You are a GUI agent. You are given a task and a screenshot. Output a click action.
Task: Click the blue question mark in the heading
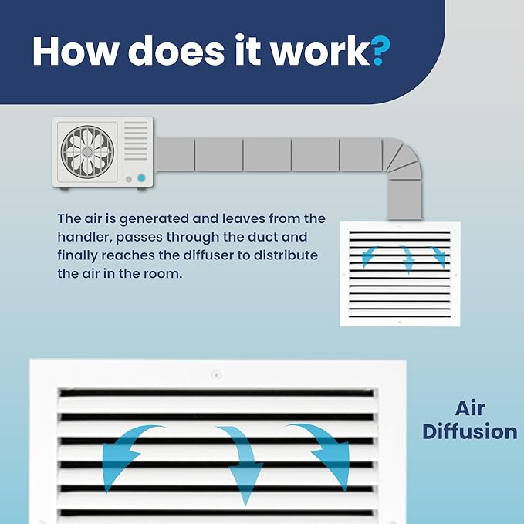pyautogui.click(x=380, y=50)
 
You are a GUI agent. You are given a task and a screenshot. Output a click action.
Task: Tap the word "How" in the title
pyautogui.click(x=76, y=51)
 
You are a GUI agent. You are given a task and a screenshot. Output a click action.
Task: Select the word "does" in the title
pyautogui.click(x=176, y=51)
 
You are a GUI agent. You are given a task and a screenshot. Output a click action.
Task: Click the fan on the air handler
pyautogui.click(x=87, y=152)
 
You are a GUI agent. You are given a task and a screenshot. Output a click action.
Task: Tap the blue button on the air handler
pyautogui.click(x=141, y=178)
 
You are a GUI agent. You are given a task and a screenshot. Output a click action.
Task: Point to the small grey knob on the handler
pyautogui.click(x=129, y=180)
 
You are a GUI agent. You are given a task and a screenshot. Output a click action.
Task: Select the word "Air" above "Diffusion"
pyautogui.click(x=470, y=408)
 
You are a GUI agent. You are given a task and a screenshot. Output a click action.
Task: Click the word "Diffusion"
pyautogui.click(x=470, y=431)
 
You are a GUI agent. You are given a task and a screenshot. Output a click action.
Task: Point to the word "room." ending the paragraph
pyautogui.click(x=163, y=274)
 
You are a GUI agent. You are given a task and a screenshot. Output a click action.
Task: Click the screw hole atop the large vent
pyautogui.click(x=217, y=374)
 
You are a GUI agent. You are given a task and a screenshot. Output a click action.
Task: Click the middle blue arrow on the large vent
pyautogui.click(x=242, y=461)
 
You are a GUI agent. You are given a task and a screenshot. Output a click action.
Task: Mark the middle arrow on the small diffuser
pyautogui.click(x=407, y=259)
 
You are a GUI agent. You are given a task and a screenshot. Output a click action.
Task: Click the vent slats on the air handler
pyautogui.click(x=136, y=140)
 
